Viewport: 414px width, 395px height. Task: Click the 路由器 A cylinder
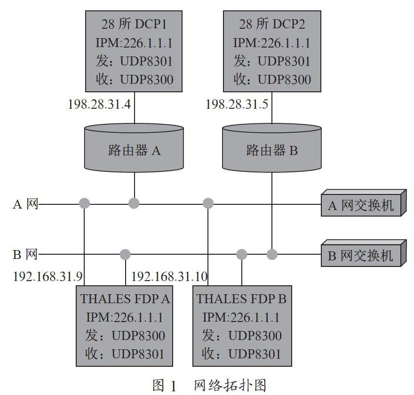[x=134, y=147]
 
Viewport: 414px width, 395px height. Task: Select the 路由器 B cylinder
[x=272, y=147]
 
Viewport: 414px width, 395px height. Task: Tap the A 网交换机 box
[x=364, y=203]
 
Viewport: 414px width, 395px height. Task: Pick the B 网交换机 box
[x=364, y=253]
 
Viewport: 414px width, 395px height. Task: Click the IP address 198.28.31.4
[x=99, y=104]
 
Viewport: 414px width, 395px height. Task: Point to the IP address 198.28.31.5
[x=237, y=104]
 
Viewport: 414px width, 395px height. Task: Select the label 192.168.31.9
[x=48, y=277]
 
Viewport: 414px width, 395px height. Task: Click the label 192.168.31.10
[x=169, y=277]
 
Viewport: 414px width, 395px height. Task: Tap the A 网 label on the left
[x=25, y=204]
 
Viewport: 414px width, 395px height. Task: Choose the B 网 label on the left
[x=25, y=254]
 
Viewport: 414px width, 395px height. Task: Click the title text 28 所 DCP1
[x=134, y=24]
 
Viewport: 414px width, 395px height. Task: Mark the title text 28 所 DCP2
[x=272, y=24]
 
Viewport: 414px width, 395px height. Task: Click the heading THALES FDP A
[x=125, y=299]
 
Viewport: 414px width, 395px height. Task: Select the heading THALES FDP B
[x=241, y=299]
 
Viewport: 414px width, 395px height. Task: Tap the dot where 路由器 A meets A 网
[x=134, y=203]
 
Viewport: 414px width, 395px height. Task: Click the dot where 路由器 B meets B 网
[x=272, y=254]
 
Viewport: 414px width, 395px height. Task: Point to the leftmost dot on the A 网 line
[x=85, y=203]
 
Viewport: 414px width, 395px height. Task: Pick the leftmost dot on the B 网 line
[x=125, y=254]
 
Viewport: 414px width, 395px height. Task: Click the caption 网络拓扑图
[x=230, y=385]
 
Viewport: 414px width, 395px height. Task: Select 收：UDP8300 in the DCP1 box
[x=135, y=80]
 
